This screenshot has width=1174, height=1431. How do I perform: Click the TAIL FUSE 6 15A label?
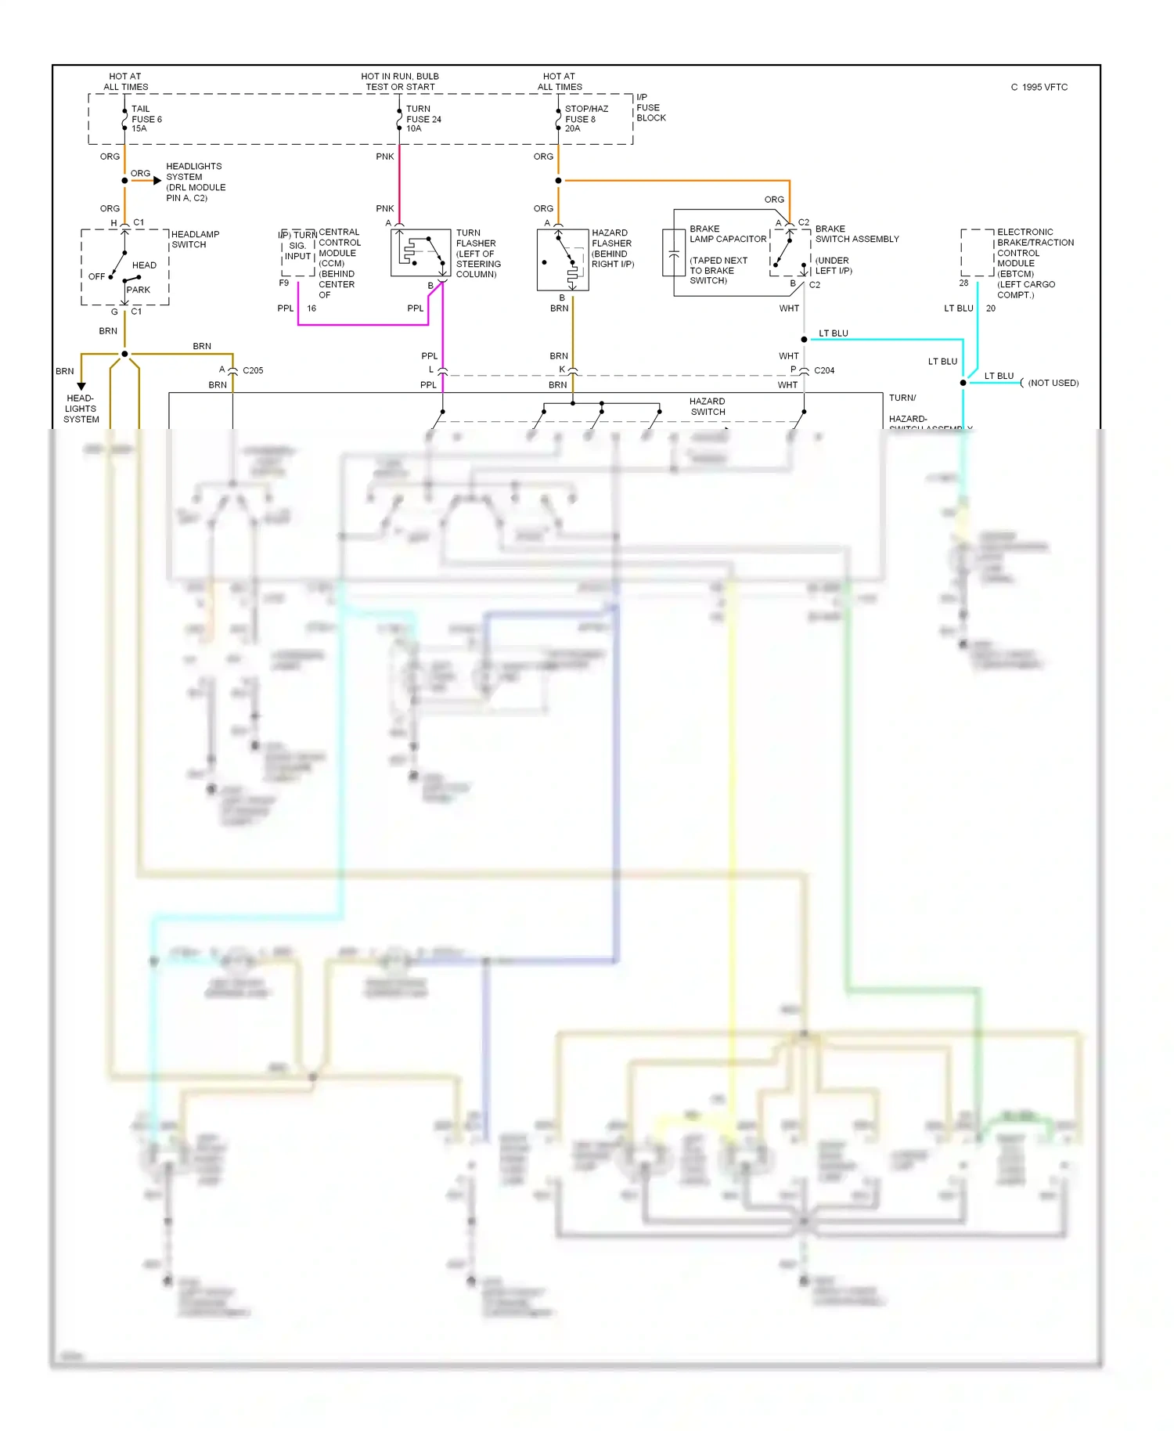(x=146, y=119)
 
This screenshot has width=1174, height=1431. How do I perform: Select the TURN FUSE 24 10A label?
(x=423, y=119)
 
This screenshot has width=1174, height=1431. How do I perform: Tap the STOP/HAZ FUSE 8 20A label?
(x=585, y=119)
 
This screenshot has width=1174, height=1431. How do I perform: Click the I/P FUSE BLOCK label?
(x=650, y=108)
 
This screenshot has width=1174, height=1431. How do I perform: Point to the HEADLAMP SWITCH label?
(x=195, y=240)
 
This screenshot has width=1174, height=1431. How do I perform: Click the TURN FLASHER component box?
(x=420, y=252)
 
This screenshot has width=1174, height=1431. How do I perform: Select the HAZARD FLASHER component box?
(x=563, y=260)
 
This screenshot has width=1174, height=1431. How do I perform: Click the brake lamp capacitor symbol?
(x=673, y=253)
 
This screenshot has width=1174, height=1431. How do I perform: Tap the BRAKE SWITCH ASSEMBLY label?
(x=856, y=234)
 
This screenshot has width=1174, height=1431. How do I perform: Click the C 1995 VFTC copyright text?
(x=1039, y=88)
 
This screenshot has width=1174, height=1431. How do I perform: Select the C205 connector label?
(x=253, y=370)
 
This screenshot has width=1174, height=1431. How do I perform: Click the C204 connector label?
(x=823, y=370)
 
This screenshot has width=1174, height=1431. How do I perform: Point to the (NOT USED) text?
(x=1053, y=383)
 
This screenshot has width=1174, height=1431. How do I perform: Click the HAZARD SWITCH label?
(x=708, y=406)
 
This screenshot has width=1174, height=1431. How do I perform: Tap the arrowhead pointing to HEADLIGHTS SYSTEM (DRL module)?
(x=157, y=181)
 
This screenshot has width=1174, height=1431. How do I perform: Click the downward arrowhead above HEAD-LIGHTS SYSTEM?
(x=81, y=386)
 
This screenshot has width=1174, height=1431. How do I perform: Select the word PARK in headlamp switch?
(x=139, y=290)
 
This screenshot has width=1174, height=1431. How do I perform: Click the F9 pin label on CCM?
(x=284, y=283)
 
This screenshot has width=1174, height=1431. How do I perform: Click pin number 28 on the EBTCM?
(x=963, y=283)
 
